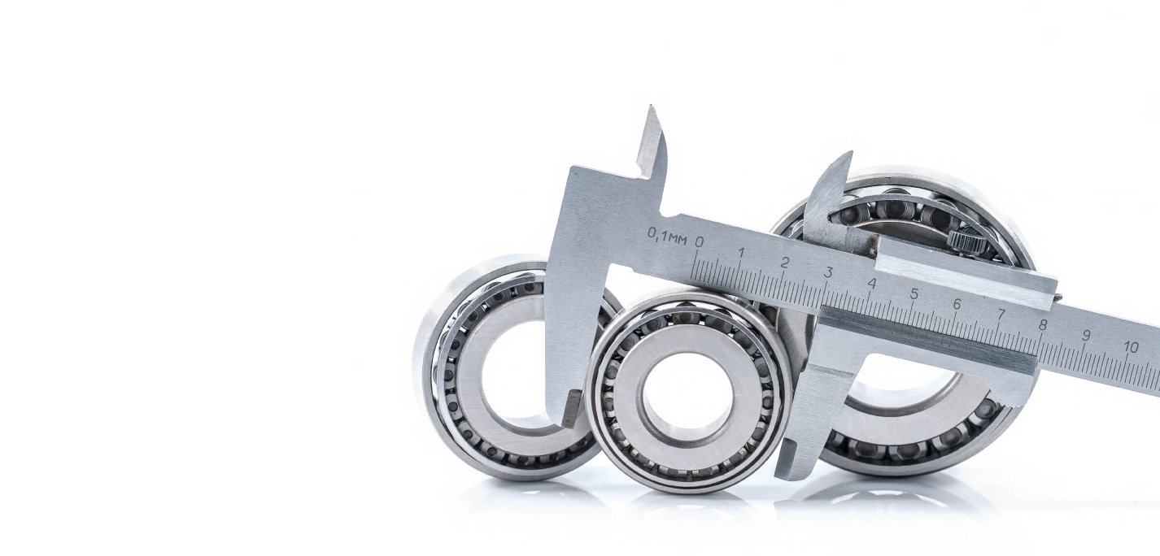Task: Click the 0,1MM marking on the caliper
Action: [x=667, y=237]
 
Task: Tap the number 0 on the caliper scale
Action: [x=699, y=241]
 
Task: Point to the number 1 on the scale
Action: [x=742, y=252]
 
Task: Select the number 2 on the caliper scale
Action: [x=784, y=263]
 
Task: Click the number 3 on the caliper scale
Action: [x=828, y=272]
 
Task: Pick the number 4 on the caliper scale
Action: [x=872, y=283]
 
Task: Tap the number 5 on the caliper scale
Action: [x=914, y=294]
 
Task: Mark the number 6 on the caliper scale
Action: [x=957, y=304]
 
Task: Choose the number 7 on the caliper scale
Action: [x=1001, y=315]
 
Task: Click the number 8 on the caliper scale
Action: [x=1043, y=325]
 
